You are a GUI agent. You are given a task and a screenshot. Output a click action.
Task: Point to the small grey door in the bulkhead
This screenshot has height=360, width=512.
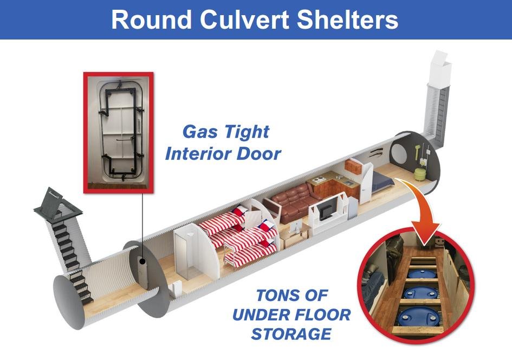click(143, 271)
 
